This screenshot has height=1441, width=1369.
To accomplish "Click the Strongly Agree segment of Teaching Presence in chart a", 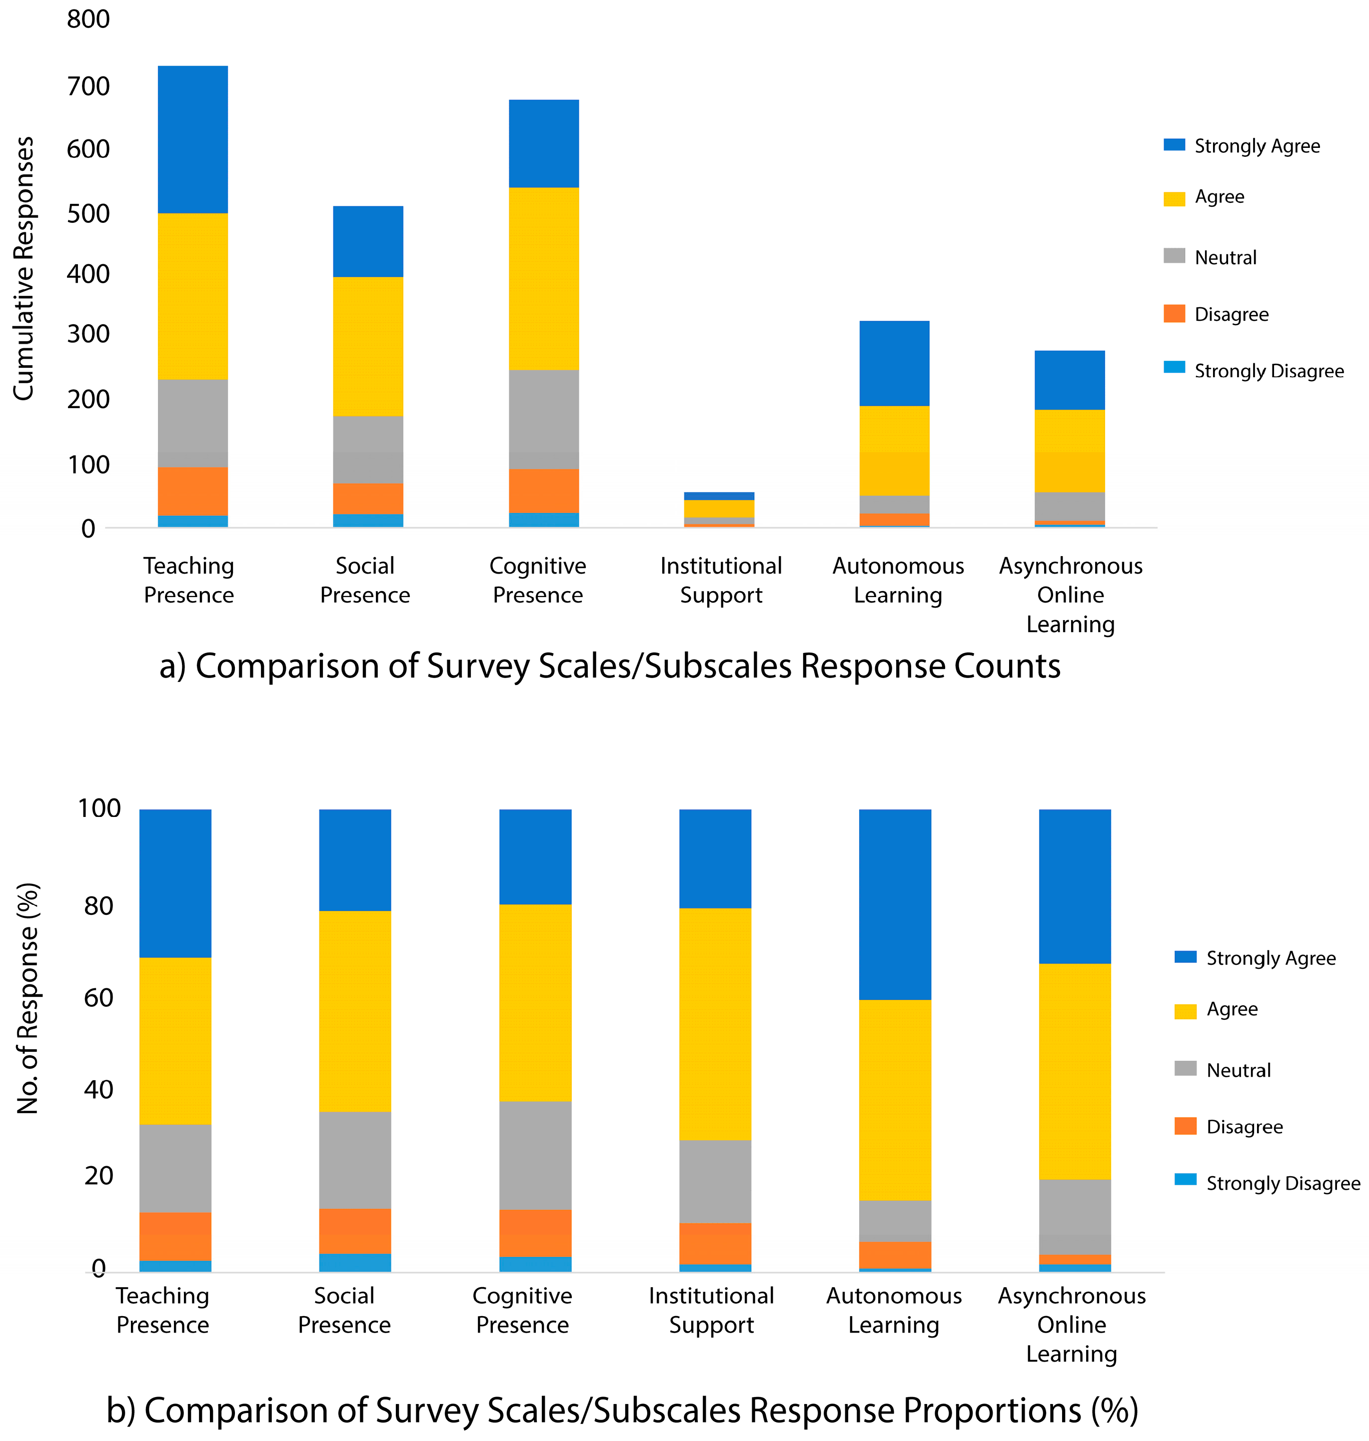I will tap(192, 138).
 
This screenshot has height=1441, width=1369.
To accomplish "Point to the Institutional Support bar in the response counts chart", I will tap(719, 509).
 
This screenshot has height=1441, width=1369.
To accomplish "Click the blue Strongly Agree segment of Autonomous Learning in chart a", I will tap(894, 363).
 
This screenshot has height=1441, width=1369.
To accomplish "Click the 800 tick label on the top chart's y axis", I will tap(88, 19).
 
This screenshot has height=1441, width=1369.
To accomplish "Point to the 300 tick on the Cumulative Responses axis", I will tap(88, 334).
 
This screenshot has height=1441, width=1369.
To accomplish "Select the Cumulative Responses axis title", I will tap(23, 268).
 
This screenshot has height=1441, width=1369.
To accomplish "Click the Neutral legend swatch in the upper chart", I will tap(1174, 255).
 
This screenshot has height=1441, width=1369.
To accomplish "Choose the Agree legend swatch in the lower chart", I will tap(1185, 1010).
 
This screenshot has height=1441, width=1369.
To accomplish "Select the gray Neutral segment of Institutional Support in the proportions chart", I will tap(715, 1181).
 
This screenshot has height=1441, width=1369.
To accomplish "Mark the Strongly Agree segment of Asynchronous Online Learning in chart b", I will tap(1074, 886).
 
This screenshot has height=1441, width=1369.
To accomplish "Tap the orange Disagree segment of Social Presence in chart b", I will tap(355, 1231).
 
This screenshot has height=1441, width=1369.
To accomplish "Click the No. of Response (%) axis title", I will tap(27, 998).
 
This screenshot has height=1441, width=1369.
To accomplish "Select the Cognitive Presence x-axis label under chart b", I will tap(522, 1310).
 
